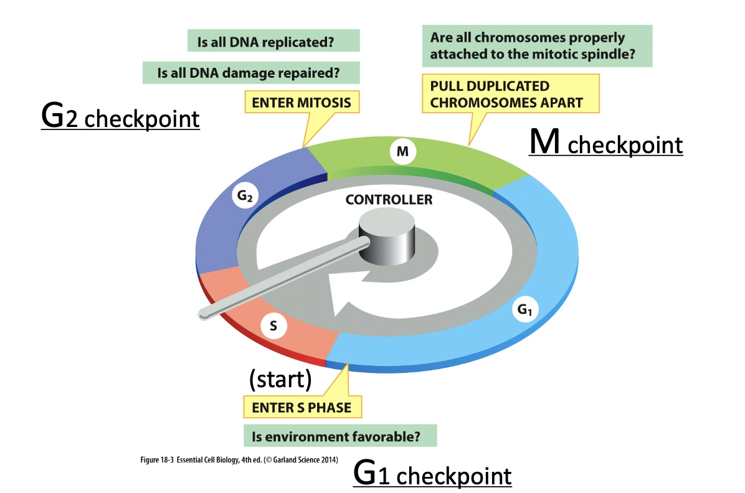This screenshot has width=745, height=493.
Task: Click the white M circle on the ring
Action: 402,151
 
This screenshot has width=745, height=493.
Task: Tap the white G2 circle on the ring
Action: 245,195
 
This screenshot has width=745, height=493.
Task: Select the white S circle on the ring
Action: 273,326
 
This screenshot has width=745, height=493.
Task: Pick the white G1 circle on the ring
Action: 524,309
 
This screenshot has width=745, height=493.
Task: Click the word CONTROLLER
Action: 389,199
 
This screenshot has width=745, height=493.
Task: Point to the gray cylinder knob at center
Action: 387,238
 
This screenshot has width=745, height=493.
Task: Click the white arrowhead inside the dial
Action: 349,294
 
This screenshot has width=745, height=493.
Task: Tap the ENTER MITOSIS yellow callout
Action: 301,102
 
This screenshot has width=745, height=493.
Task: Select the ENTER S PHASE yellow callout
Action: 302,407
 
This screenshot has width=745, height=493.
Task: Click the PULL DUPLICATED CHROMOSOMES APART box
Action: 511,93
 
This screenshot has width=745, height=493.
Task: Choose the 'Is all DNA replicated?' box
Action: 273,41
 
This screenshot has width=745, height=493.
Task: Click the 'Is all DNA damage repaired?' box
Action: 251,73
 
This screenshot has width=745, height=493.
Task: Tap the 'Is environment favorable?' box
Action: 340,436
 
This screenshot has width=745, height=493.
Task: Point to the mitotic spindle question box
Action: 537,45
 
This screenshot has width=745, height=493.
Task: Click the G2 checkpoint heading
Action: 120,116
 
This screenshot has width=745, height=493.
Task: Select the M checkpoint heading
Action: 606,142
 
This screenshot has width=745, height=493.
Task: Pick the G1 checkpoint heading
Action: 432,474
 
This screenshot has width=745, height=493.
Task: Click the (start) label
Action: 280,378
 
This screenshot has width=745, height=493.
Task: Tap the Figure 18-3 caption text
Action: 239,460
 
